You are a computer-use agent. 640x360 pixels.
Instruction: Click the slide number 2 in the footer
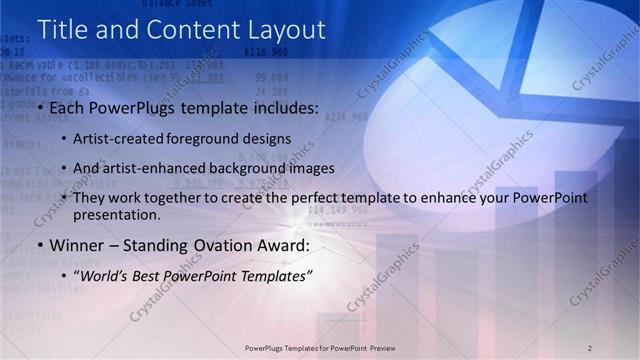tap(590, 347)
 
